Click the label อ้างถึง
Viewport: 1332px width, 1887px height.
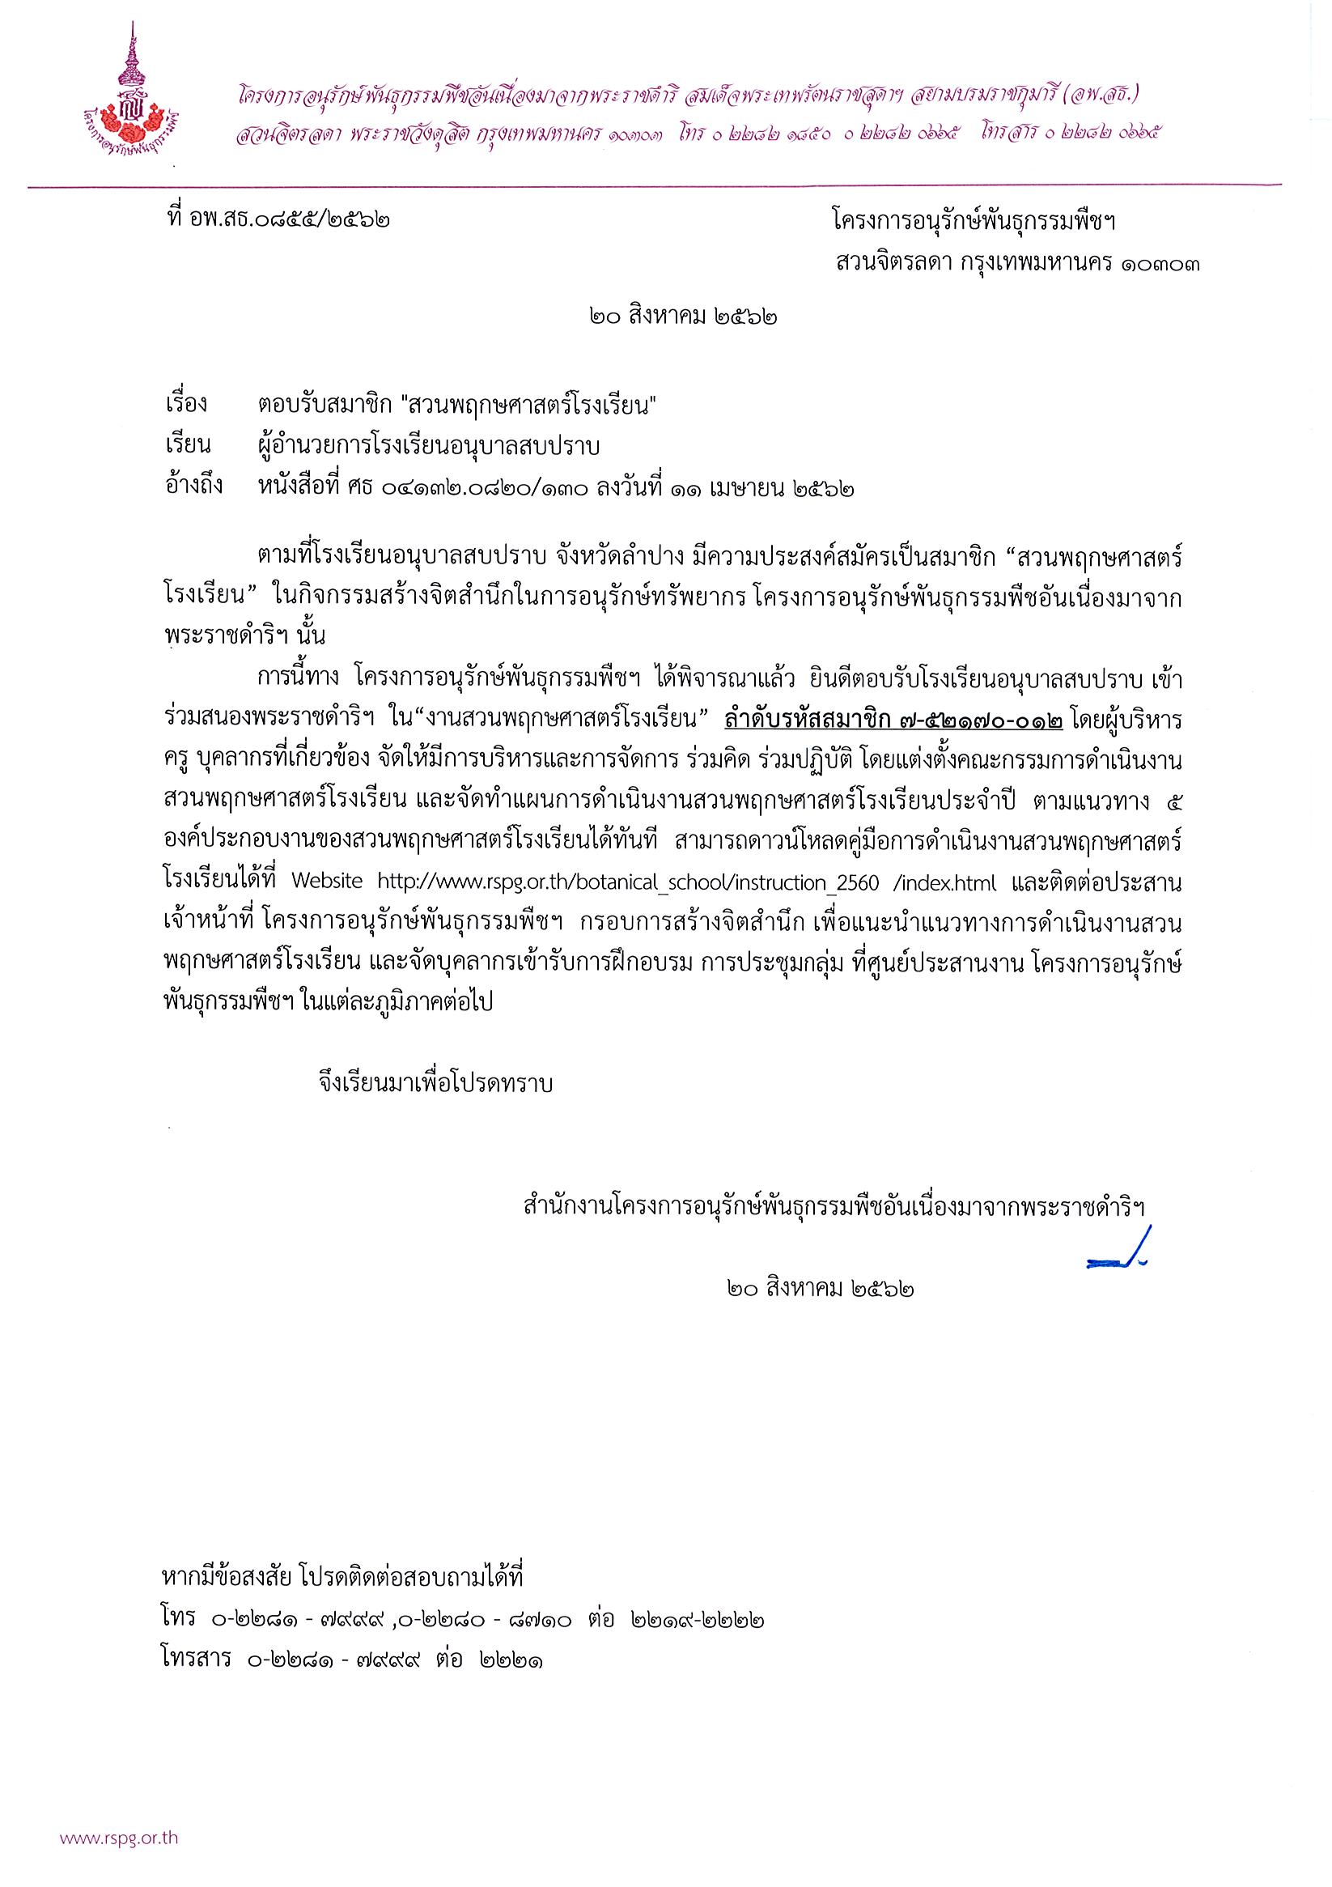click(x=193, y=487)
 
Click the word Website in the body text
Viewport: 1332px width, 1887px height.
click(x=326, y=882)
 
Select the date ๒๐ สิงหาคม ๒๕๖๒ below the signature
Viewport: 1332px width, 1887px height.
click(x=821, y=1288)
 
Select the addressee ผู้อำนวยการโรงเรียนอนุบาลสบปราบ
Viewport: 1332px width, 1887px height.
click(x=427, y=446)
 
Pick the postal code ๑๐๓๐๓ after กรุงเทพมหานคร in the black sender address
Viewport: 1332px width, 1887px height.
click(x=1159, y=265)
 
